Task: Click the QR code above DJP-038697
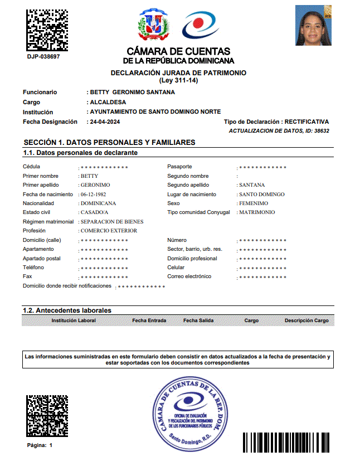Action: pos(47,28)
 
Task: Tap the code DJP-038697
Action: pos(43,57)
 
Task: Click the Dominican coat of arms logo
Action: pos(153,25)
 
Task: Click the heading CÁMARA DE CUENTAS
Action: pos(178,52)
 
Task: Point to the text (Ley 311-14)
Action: pos(178,80)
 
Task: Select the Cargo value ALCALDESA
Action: pos(108,103)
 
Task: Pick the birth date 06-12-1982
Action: pos(93,195)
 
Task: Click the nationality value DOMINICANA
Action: pos(99,203)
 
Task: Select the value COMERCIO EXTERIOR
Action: pos(109,231)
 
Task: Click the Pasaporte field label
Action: pos(179,167)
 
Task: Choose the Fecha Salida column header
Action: pos(198,321)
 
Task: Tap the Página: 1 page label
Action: pos(40,445)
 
